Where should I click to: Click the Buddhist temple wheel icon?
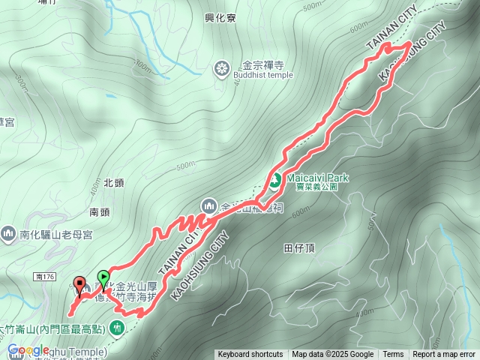(x=221, y=70)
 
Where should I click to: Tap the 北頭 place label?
(x=112, y=182)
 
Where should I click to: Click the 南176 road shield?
(x=45, y=277)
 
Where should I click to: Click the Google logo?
(x=28, y=350)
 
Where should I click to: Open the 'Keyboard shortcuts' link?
(x=250, y=355)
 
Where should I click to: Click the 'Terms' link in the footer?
(x=393, y=355)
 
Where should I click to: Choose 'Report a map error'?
(x=445, y=355)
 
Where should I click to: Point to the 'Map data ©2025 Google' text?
(x=333, y=355)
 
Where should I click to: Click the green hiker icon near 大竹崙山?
(x=118, y=326)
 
